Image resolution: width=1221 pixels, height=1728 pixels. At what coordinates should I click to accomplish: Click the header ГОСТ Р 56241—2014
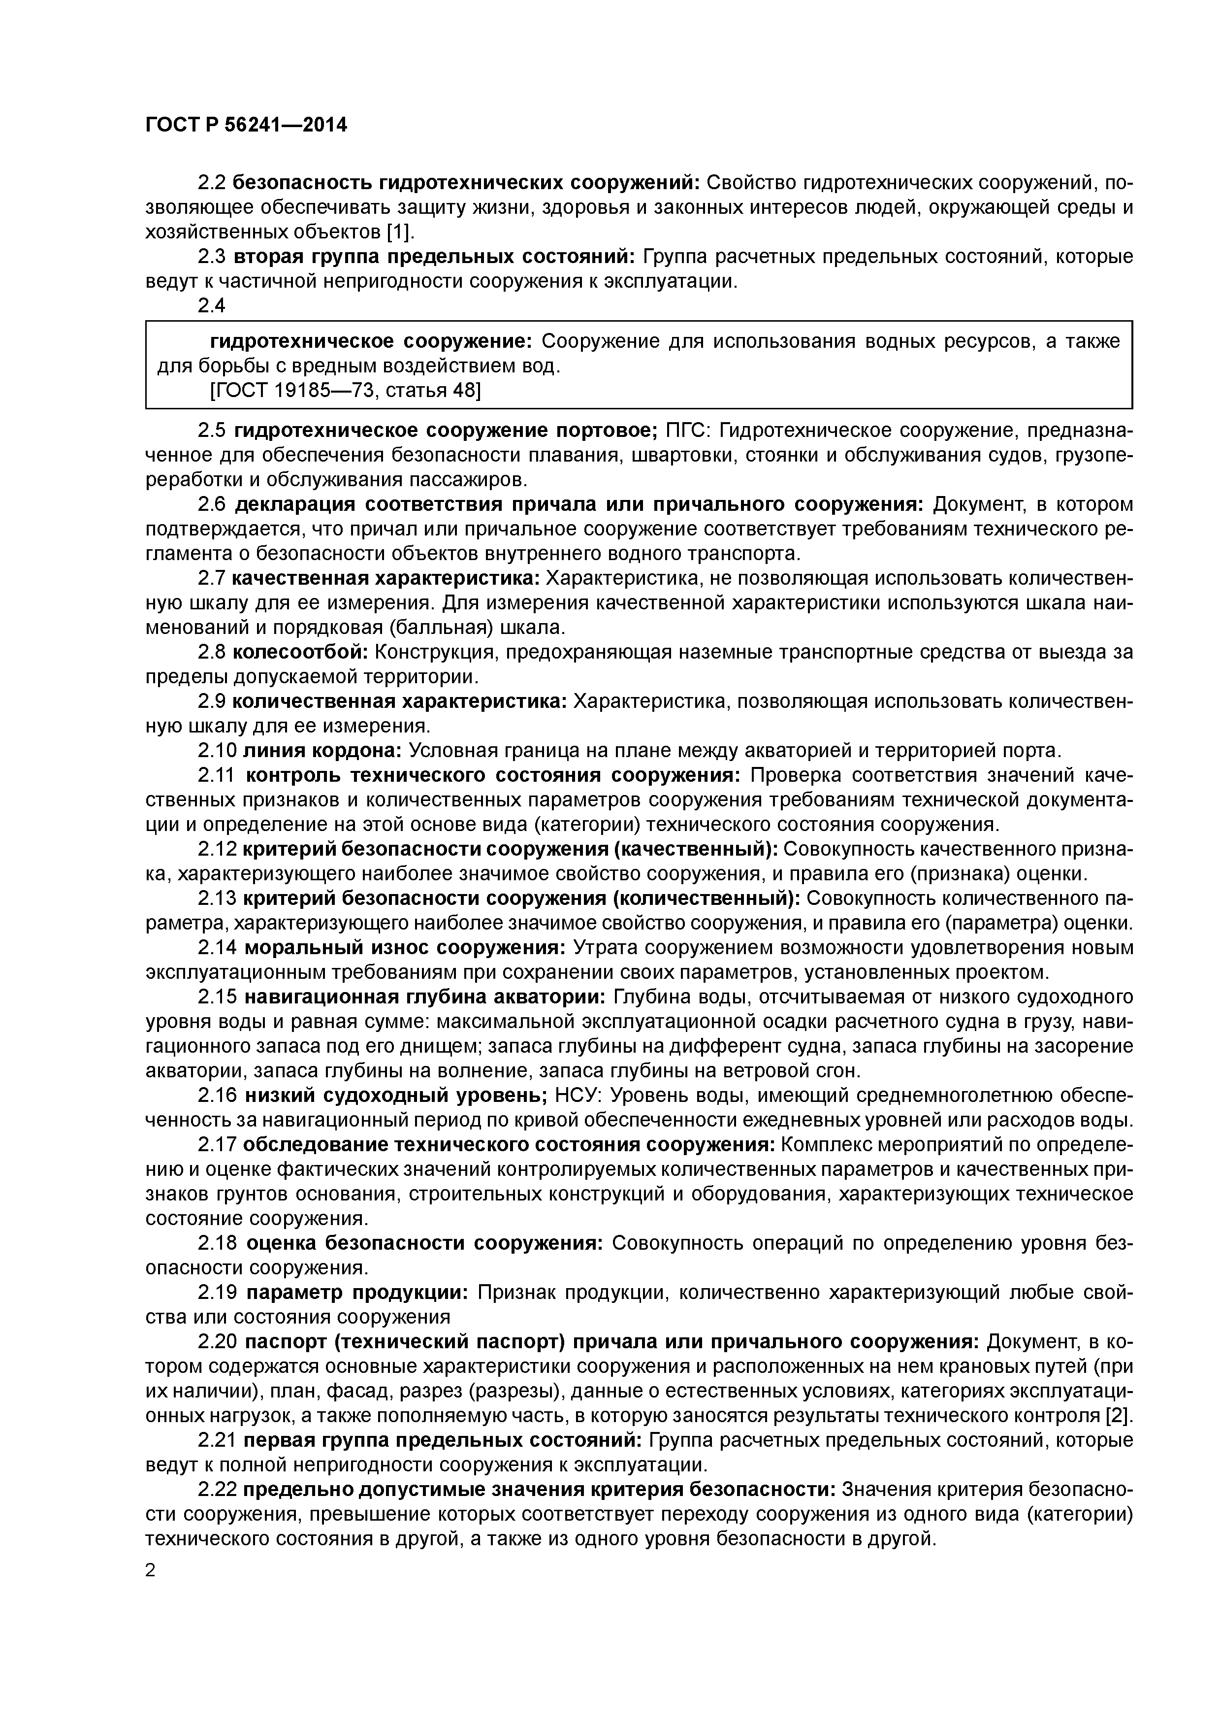tap(246, 125)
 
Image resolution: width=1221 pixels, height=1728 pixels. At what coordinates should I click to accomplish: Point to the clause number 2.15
tap(218, 997)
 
